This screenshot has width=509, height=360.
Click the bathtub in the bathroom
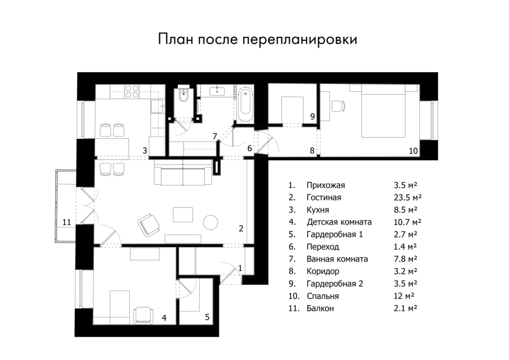pyautogui.click(x=245, y=105)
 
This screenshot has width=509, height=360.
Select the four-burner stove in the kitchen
pyautogui.click(x=132, y=91)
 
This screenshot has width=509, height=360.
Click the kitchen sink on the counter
pyautogui.click(x=158, y=104)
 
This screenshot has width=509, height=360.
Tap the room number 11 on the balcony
pyautogui.click(x=67, y=222)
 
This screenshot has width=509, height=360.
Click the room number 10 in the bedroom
pyautogui.click(x=413, y=151)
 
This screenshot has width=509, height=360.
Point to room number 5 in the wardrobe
pyautogui.click(x=207, y=317)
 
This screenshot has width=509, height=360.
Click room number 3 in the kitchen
pyautogui.click(x=144, y=151)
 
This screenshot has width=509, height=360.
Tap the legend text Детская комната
pyautogui.click(x=339, y=222)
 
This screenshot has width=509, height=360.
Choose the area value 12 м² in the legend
pyautogui.click(x=403, y=296)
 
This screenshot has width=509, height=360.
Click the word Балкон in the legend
pyautogui.click(x=321, y=308)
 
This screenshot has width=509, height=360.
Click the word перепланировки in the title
pyautogui.click(x=300, y=40)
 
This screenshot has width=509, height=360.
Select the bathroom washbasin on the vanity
pyautogui.click(x=216, y=91)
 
